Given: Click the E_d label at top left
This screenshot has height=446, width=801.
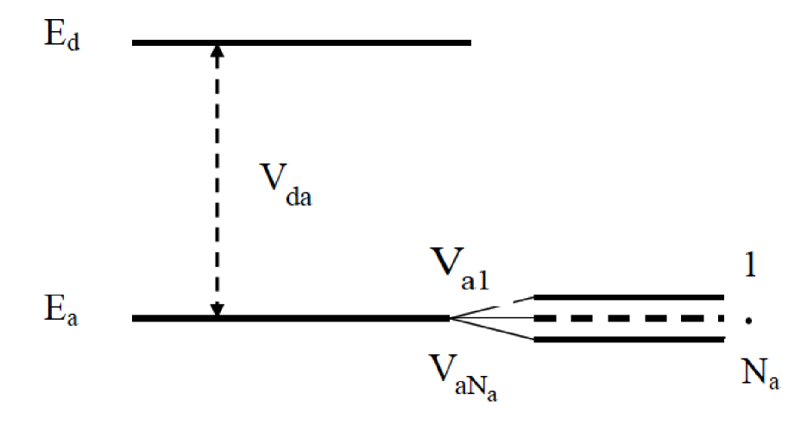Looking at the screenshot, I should coord(62,39).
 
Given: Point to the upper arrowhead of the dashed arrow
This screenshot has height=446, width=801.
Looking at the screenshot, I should coord(218,50).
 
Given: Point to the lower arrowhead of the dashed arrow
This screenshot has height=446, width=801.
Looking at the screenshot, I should coord(218,309).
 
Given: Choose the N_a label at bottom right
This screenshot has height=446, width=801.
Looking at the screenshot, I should coord(758,377).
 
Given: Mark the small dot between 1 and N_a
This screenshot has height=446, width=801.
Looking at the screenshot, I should coord(750,321).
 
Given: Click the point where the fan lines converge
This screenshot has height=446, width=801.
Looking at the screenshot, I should coord(451,318).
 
